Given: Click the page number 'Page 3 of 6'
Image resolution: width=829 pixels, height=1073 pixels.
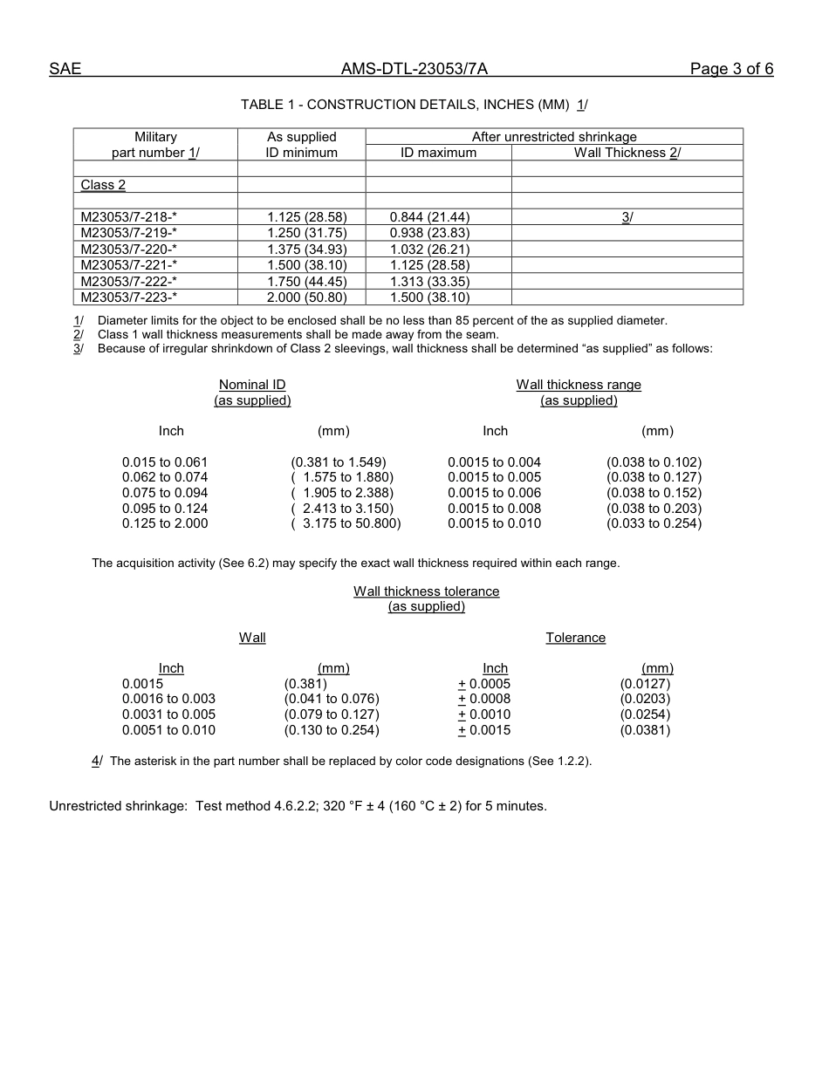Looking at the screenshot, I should (730, 70).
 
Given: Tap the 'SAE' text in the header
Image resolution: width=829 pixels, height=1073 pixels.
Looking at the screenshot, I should (65, 70).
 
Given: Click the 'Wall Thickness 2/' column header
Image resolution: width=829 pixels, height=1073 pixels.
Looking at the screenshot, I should (627, 153).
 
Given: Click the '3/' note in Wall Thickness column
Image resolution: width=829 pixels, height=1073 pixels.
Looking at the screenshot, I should (627, 216).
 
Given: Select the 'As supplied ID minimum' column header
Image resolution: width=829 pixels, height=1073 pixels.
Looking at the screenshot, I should (301, 145).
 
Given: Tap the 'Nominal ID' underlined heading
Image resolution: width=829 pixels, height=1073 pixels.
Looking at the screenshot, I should (252, 385).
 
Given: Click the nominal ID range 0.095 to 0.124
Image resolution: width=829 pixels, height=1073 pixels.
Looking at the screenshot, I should (165, 509).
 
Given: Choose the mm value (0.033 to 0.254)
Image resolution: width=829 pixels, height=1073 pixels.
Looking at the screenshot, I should (654, 523).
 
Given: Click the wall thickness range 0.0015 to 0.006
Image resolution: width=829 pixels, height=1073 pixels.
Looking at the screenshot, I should (494, 493).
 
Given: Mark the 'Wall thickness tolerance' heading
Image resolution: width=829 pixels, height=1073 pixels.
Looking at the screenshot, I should (426, 591).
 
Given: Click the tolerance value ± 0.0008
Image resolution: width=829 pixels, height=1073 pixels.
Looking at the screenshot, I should (484, 699).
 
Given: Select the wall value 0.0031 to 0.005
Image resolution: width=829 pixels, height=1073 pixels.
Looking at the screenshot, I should (168, 714).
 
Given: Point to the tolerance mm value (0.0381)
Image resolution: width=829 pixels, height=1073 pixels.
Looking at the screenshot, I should (645, 730).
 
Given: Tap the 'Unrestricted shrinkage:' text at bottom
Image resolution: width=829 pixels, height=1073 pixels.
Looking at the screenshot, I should (119, 806).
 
